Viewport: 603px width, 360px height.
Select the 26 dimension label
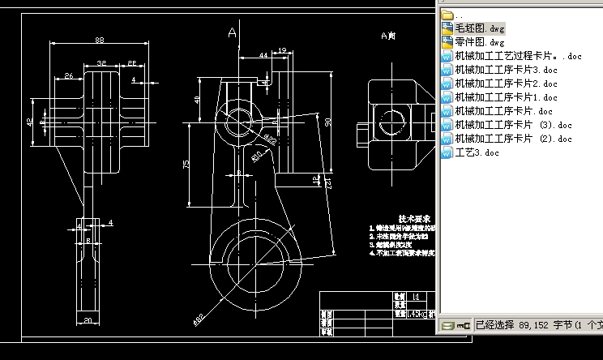(69, 76)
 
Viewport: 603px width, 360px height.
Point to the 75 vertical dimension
(187, 164)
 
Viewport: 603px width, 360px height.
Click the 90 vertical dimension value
(328, 122)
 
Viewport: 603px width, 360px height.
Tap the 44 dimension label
(264, 55)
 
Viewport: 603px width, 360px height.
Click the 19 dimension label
(281, 50)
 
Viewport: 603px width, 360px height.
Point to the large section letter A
(233, 33)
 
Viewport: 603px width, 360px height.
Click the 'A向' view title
(388, 36)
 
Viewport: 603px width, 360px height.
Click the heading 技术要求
(414, 219)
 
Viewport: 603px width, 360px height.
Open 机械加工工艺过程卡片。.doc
(518, 56)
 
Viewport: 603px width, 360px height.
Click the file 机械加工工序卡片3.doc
(506, 70)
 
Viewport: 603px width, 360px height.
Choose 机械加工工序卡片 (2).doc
(513, 139)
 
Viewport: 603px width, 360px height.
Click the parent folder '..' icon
(447, 15)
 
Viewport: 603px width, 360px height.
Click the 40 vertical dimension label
(198, 101)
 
